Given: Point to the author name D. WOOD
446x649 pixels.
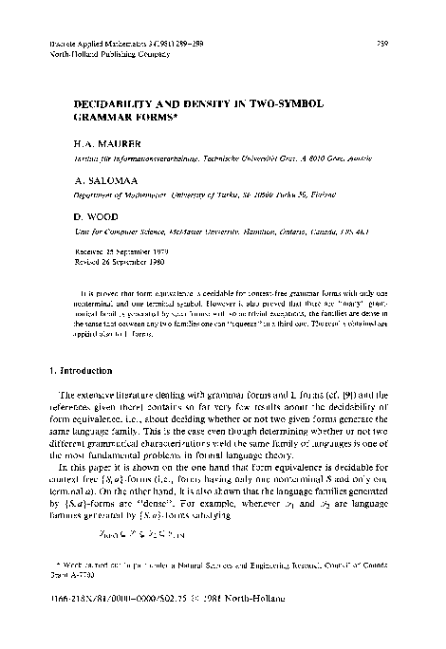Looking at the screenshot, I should (x=98, y=217).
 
